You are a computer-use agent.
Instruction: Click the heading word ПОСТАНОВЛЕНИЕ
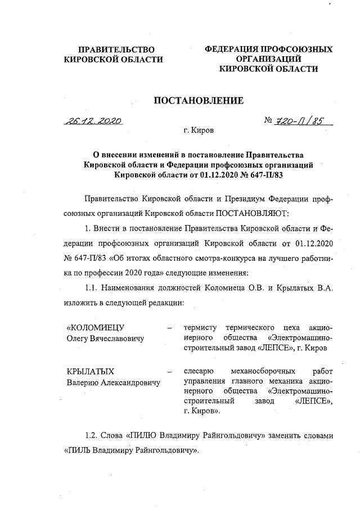click(x=199, y=101)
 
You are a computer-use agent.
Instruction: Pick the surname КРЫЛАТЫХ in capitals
click(x=91, y=371)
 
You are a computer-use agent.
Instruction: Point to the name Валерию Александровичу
click(x=112, y=382)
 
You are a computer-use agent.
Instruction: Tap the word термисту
click(x=201, y=327)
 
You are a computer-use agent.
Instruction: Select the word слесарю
click(x=199, y=371)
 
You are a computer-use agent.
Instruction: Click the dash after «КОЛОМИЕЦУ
click(x=169, y=327)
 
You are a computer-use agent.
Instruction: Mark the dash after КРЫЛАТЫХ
click(x=169, y=371)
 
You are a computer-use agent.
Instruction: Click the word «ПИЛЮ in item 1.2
click(x=142, y=436)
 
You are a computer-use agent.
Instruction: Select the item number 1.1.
click(x=91, y=288)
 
